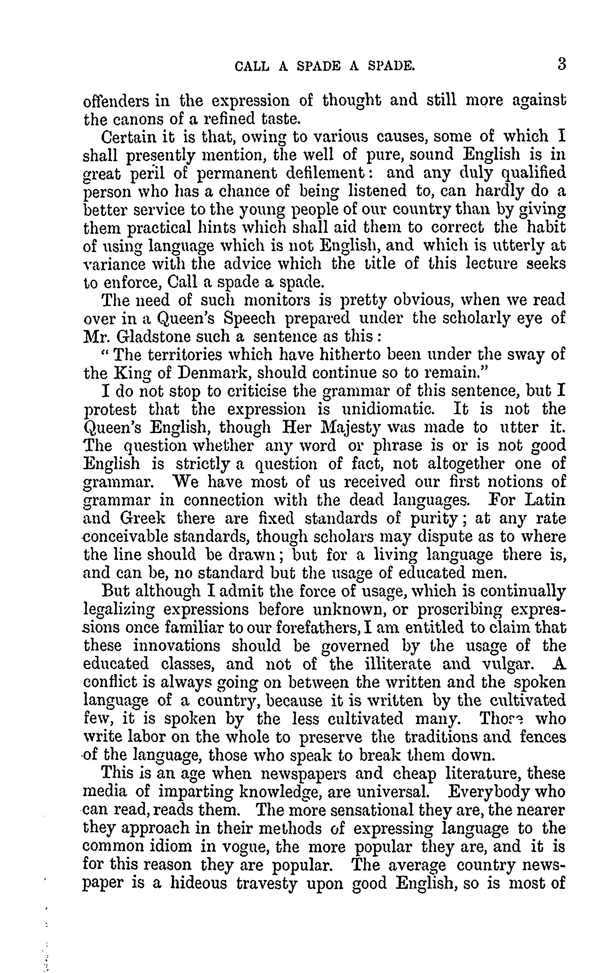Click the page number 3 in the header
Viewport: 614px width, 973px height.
click(x=561, y=65)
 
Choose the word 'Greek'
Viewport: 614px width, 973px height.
click(x=143, y=519)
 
